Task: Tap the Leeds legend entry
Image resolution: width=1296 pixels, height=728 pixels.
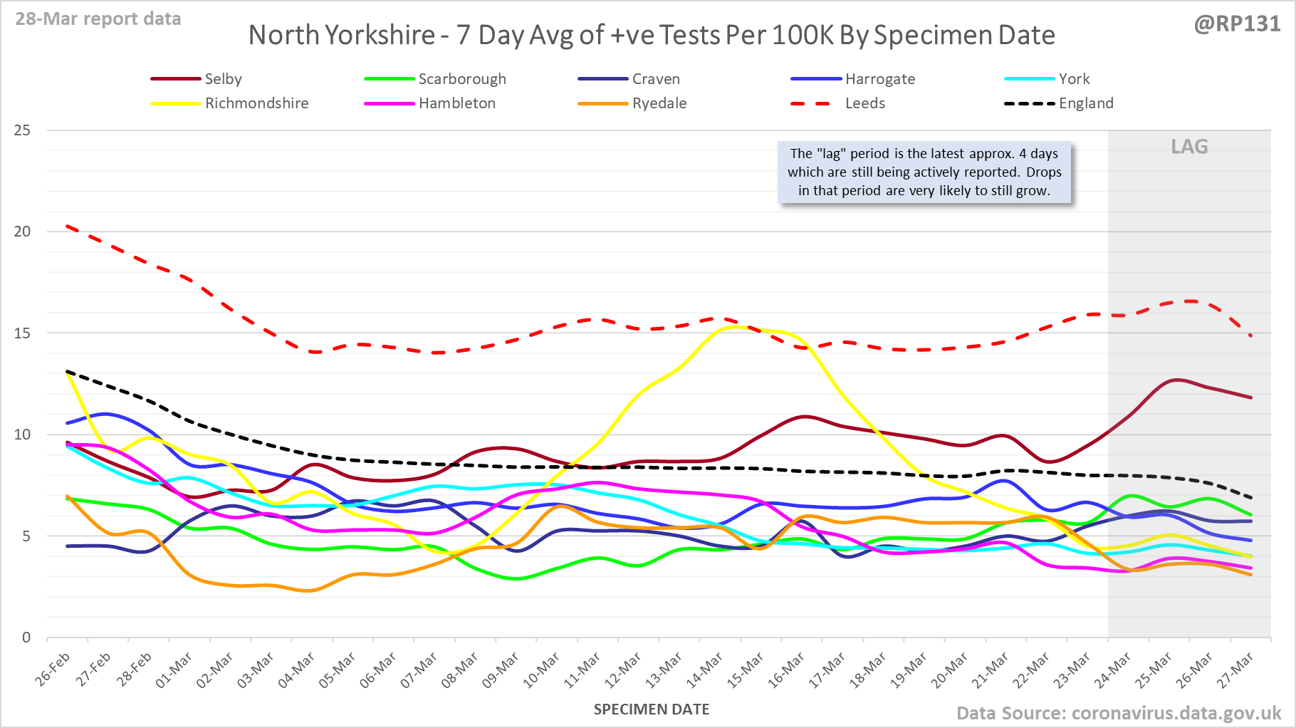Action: (x=864, y=103)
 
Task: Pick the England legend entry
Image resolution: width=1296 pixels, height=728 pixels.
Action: (x=1085, y=103)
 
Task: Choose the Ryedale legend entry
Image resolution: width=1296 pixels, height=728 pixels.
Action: (x=659, y=103)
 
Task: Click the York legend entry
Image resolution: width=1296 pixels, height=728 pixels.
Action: (x=1074, y=79)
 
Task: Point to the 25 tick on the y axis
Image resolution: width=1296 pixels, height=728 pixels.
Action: (x=22, y=130)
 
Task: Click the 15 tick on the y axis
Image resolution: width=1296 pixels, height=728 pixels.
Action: (x=22, y=333)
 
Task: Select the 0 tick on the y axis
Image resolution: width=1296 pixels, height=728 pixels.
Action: (x=26, y=638)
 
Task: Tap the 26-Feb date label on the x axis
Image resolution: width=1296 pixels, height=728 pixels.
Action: (x=54, y=670)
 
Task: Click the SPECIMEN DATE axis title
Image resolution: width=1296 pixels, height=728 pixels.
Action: (x=652, y=709)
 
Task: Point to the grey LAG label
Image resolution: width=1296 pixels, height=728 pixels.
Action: (x=1189, y=147)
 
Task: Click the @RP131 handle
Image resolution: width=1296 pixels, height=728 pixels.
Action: (x=1237, y=24)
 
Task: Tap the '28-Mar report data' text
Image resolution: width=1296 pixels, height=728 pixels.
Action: (x=98, y=19)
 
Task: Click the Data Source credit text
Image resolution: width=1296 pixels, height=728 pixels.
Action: (x=1118, y=713)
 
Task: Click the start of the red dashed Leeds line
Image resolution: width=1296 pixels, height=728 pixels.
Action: (x=67, y=227)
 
